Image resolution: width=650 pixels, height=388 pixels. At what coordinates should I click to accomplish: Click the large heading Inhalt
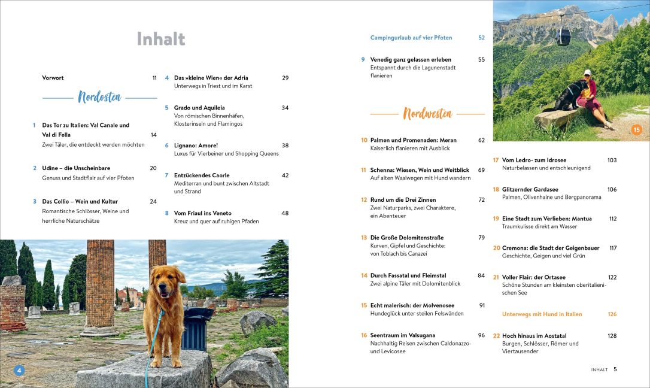pos(161,39)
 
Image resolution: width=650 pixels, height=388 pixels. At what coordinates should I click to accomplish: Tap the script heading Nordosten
pos(99,97)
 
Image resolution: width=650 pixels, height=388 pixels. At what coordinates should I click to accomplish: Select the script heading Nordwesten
pos(427,113)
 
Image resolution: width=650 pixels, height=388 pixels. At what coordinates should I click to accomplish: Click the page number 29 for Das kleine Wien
pos(285,78)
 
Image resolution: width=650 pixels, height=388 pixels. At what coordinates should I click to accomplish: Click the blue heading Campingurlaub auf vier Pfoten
pos(411,38)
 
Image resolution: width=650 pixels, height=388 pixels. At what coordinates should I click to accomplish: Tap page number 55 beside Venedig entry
pos(481,60)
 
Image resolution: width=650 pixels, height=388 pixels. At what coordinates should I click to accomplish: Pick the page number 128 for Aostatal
pos(612,336)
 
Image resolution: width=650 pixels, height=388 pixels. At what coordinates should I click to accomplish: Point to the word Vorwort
pos(53,78)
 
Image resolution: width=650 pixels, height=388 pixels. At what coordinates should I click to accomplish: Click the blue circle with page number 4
pos(19,371)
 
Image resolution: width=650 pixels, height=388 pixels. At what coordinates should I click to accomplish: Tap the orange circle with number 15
pos(636,129)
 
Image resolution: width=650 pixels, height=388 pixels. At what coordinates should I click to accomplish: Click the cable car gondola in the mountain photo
pos(563,37)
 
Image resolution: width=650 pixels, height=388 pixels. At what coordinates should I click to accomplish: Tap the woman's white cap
pos(587,72)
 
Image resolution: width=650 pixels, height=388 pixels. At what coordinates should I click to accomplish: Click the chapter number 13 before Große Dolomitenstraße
pos(364,238)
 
